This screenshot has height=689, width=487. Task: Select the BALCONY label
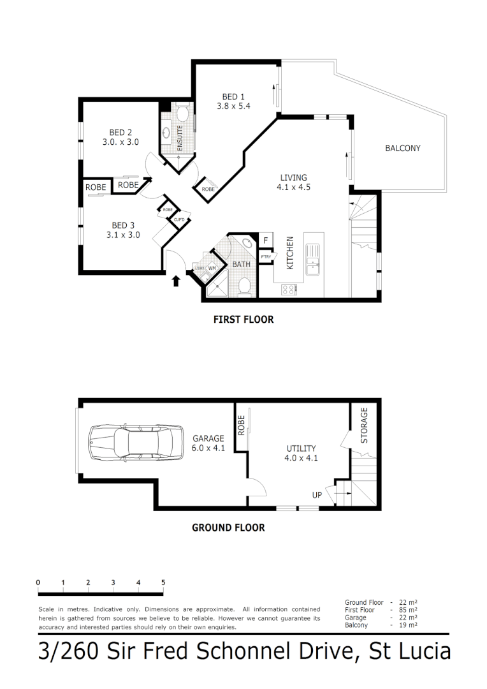402,149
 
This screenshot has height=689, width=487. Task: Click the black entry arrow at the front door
176,281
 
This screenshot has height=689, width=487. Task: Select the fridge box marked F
265,240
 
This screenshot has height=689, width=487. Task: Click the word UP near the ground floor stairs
317,495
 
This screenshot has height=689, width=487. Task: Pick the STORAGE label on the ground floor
365,426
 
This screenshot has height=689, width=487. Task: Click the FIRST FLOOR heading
243,320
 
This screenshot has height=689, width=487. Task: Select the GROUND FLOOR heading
228,528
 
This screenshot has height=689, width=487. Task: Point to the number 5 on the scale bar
163,582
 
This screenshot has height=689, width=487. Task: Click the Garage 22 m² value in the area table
409,618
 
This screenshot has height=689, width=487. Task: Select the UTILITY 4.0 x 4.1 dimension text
302,457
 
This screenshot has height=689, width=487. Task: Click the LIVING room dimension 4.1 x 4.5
294,188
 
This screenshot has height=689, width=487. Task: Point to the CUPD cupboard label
178,220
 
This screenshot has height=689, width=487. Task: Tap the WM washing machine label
212,268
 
